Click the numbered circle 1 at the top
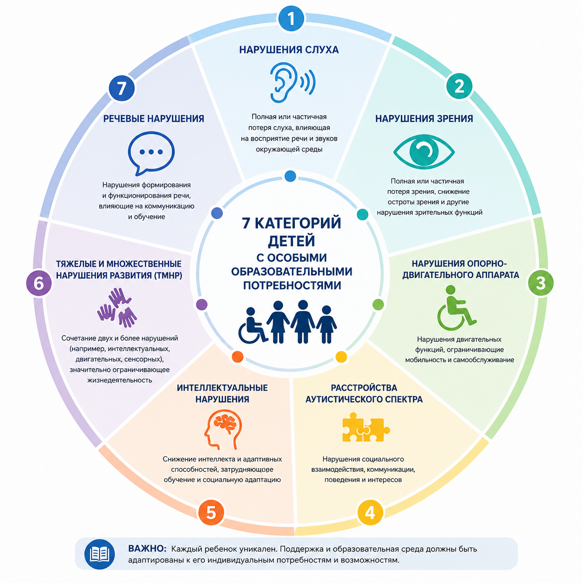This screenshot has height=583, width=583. click(291, 19)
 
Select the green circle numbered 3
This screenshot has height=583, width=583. click(541, 283)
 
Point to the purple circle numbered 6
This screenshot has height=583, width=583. click(39, 284)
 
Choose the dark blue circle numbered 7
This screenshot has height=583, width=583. click(122, 88)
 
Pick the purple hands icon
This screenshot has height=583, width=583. click(117, 308)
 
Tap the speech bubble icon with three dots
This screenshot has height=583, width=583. click(151, 153)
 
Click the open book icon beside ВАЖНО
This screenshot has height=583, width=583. click(99, 554)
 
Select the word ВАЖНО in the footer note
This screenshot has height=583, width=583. click(147, 549)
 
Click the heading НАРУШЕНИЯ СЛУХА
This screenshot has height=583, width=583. click(289, 50)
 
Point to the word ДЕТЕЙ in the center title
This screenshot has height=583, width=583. click(291, 241)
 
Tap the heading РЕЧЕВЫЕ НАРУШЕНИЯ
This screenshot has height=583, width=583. click(154, 119)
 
